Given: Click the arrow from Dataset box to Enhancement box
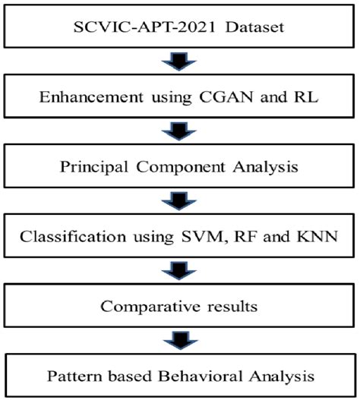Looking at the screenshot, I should pyautogui.click(x=181, y=62).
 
